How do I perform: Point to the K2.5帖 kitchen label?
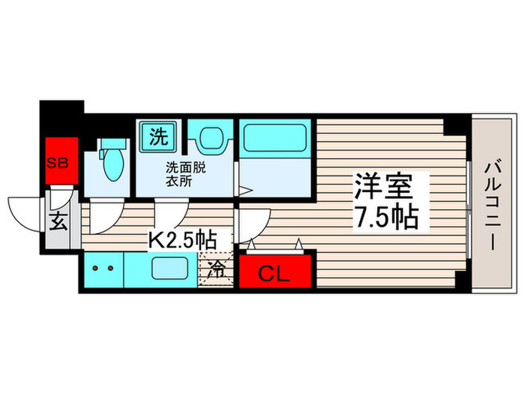(182, 240)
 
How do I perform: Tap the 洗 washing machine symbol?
(157, 137)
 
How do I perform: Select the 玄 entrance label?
(58, 221)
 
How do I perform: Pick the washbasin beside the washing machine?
(205, 139)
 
